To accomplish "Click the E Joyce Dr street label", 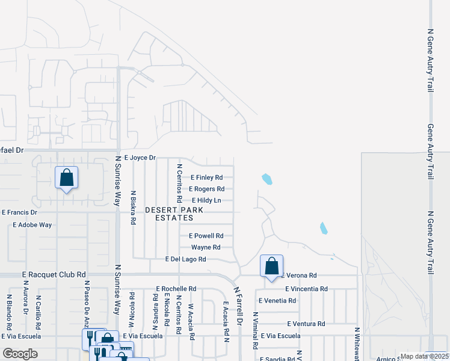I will [140, 158].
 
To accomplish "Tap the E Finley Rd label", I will [206, 177].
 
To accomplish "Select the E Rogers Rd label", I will [206, 189].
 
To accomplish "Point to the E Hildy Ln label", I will [206, 200].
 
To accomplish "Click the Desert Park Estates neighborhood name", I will [174, 214].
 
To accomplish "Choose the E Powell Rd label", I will [206, 236].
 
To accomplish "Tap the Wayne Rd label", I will [206, 247].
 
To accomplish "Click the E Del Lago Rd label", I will [186, 259].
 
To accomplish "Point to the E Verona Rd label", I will [297, 276].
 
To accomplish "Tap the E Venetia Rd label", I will [277, 300].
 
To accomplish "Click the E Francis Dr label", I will [19, 212].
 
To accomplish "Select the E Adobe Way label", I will [32, 224].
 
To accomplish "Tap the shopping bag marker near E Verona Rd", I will [271, 266].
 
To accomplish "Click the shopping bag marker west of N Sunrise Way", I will [66, 178].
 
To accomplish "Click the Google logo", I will [20, 354].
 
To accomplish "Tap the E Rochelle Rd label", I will [176, 289].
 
